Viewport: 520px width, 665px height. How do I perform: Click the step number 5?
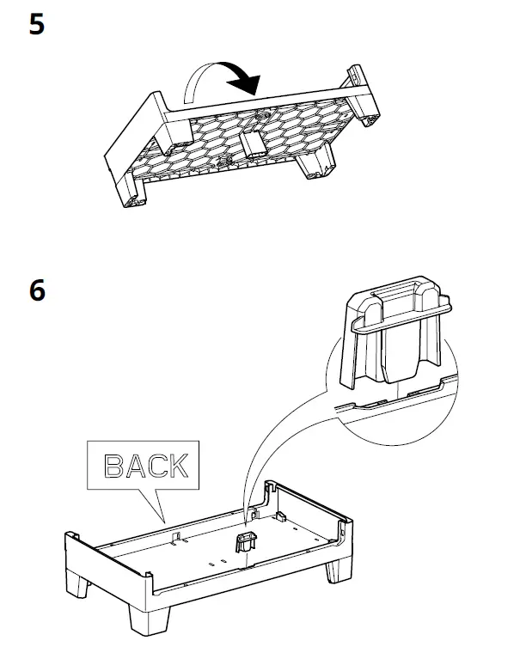coord(36,24)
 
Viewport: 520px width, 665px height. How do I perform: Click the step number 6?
coord(36,290)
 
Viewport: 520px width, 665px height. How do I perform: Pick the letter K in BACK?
coord(177,466)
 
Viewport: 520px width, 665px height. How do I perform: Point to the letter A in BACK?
coord(134,466)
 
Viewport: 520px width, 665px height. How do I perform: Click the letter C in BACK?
coord(156,466)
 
